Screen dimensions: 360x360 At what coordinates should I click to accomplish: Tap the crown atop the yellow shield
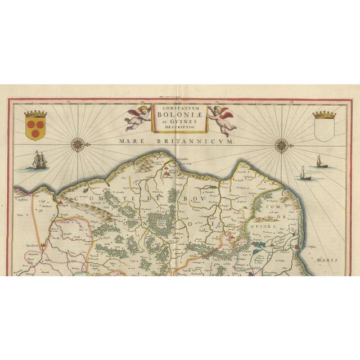click(35, 115)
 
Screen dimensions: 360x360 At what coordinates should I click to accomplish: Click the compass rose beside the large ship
click(77, 145)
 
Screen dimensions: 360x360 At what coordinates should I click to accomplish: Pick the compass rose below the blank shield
click(281, 147)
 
